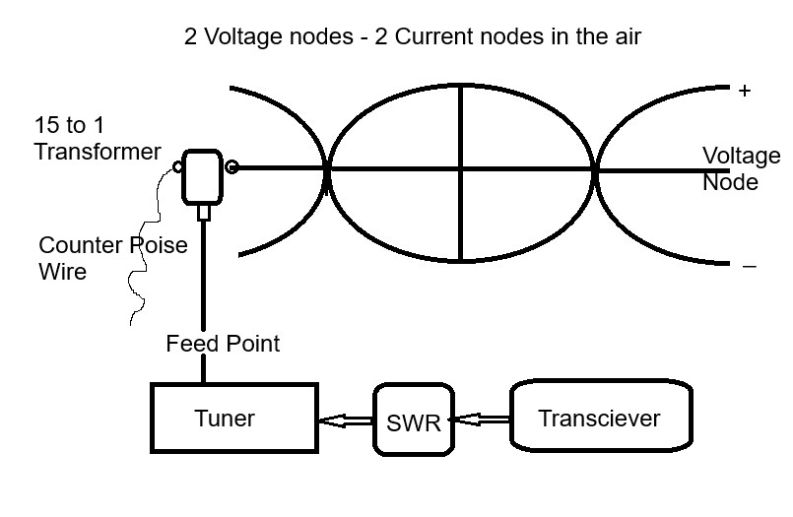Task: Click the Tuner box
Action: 232,419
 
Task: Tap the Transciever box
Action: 599,419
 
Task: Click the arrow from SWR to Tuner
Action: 346,420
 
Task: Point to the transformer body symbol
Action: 204,176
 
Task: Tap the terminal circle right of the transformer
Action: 231,167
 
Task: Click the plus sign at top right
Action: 745,92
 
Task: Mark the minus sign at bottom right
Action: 749,266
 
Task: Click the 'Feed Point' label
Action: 223,344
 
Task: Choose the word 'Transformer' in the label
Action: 97,152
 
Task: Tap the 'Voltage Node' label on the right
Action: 741,168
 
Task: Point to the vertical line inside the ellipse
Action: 461,172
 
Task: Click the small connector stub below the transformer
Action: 204,212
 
